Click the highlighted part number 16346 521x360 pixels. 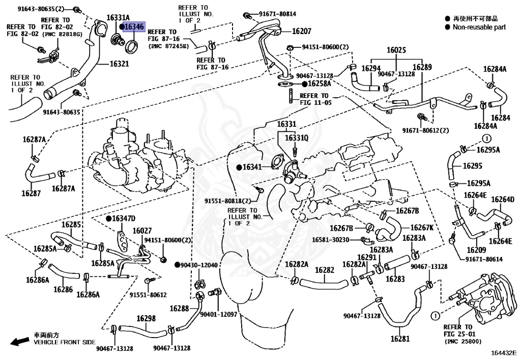point(135,26)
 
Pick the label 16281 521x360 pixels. point(400,339)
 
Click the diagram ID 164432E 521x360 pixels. point(504,352)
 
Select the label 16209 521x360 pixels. point(476,250)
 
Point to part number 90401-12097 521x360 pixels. point(218,315)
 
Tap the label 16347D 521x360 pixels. point(124,218)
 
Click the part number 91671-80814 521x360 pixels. point(277,14)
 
